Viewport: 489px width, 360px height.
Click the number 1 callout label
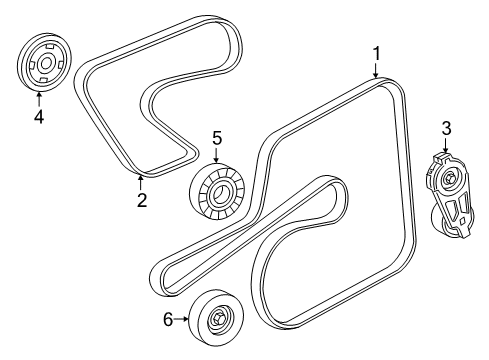tap(377, 52)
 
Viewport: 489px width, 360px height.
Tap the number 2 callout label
tap(141, 200)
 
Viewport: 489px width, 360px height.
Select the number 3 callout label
tap(446, 127)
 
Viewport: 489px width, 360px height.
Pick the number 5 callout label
tap(214, 137)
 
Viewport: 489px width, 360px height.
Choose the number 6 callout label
tap(168, 320)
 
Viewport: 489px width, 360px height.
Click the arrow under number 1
tap(377, 70)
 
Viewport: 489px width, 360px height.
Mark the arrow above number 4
tap(39, 97)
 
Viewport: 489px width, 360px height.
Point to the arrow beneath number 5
tap(214, 155)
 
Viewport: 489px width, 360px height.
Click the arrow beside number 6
tap(184, 320)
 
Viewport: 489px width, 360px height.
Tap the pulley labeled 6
tap(217, 320)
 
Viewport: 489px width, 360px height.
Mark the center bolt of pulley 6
tap(217, 320)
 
